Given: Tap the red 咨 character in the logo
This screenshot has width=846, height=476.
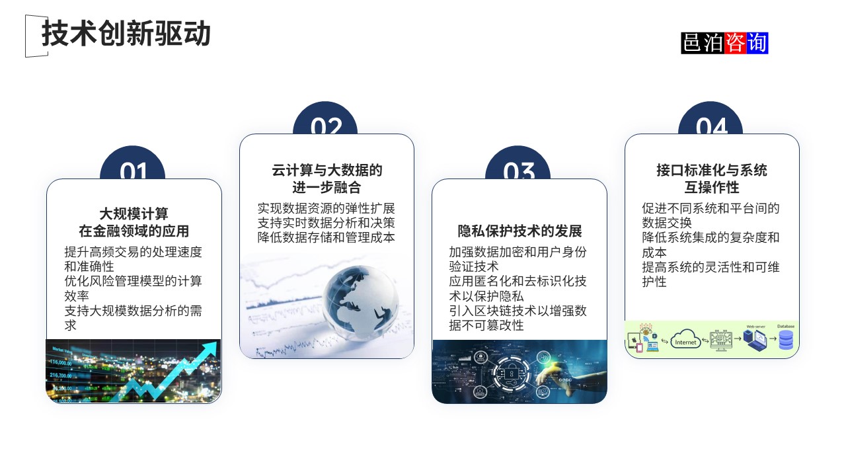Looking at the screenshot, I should coord(735,43).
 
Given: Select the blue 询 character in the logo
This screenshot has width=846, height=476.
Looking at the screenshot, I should coord(757,43).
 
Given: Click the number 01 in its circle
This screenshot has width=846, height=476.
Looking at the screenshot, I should coord(133,171).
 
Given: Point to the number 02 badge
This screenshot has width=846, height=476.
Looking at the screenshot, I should coord(326,126).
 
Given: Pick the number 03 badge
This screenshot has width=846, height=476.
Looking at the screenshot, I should coord(518,171).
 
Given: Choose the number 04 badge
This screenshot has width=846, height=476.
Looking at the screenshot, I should coord(711,126).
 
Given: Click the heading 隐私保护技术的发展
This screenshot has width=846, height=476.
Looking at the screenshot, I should coord(519,231).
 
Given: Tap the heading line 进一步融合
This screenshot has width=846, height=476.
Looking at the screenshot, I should coord(327,187).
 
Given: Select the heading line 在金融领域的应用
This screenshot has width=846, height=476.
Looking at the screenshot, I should coord(134,231).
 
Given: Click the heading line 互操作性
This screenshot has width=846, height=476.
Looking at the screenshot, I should coord(711,187).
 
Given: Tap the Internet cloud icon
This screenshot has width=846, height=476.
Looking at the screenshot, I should coord(685,342).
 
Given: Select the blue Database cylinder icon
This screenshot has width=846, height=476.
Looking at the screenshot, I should coord(786,340).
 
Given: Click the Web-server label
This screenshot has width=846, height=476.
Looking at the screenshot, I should coord(755,327).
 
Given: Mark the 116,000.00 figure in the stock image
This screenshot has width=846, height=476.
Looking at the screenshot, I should coord(60,363).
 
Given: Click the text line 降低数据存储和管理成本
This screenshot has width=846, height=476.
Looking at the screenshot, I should coord(327,237).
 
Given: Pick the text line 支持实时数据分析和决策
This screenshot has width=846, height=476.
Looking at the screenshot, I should coord(327,223).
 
